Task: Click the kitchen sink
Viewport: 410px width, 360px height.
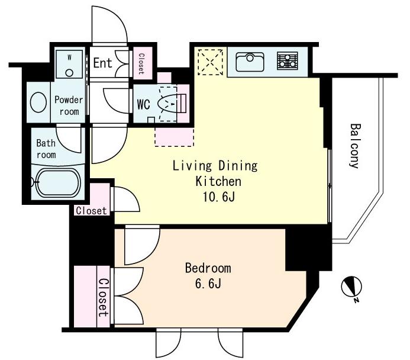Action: point(250,62)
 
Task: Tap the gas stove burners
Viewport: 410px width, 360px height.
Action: point(288,61)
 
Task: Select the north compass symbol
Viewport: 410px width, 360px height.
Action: point(352,287)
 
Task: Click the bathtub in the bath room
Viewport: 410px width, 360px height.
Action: point(58,182)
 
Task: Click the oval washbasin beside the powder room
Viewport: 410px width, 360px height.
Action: point(38,102)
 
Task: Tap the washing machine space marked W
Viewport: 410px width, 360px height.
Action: point(69,65)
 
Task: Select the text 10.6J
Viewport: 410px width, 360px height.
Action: point(218,197)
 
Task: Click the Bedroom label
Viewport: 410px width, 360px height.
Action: point(208,268)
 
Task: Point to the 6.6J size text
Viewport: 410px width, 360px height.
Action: point(208,284)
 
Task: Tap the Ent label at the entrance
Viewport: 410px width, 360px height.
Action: point(102,63)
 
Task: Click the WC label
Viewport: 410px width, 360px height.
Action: point(144,105)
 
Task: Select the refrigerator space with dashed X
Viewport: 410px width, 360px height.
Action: point(210,62)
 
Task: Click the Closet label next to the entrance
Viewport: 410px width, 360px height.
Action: point(141,63)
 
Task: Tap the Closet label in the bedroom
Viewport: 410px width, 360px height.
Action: point(103,297)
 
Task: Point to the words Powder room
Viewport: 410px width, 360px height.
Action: point(69,106)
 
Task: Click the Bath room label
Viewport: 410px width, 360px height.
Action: point(46,149)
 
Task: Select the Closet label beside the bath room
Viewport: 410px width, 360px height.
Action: point(92,211)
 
